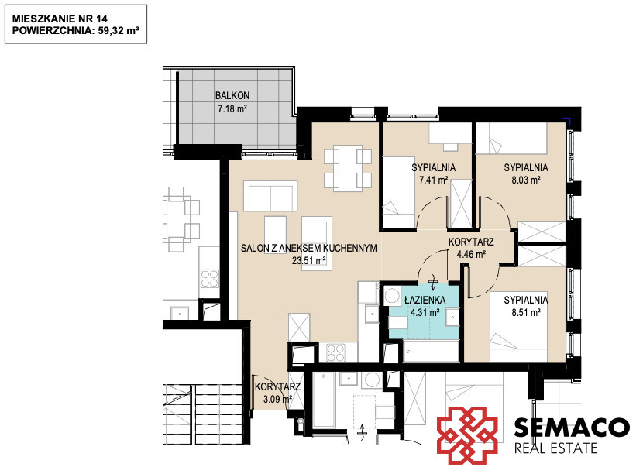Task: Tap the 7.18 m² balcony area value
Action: coord(232,108)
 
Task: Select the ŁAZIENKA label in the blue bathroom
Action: coord(425,300)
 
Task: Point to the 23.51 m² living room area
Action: coord(309,260)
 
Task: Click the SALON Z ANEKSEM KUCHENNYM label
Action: coord(309,248)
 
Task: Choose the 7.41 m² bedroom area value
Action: coord(434,180)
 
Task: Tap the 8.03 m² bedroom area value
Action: coord(526,180)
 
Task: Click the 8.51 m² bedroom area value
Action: coord(526,312)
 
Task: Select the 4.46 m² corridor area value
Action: coord(471,254)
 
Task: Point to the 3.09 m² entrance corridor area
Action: coord(277,399)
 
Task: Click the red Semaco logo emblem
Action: coord(467,435)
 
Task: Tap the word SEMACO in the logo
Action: coord(572,428)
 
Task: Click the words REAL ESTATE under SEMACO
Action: coord(555,448)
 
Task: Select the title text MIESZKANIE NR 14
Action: coord(60,19)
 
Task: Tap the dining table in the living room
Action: coord(348,168)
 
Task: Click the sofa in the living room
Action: coord(270,196)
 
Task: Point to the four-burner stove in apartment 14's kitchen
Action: coord(335,352)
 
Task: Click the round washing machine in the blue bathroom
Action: coord(393,296)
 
